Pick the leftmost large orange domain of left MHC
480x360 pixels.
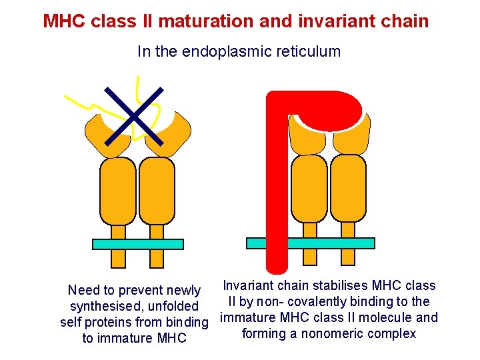(117, 190)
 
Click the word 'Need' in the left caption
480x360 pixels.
(83, 290)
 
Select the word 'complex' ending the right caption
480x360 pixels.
(393, 333)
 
